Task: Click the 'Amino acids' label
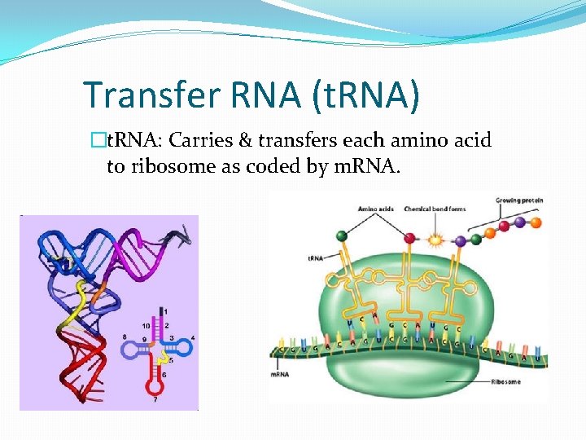(x=375, y=209)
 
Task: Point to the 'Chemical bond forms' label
(x=435, y=209)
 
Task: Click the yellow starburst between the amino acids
(x=433, y=240)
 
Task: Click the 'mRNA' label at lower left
(x=281, y=375)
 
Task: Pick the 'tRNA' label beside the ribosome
(x=316, y=258)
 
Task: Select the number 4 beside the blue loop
(x=192, y=338)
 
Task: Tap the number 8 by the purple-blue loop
(x=125, y=337)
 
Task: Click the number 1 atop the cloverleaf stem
(x=166, y=311)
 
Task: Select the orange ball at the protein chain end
(x=536, y=220)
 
